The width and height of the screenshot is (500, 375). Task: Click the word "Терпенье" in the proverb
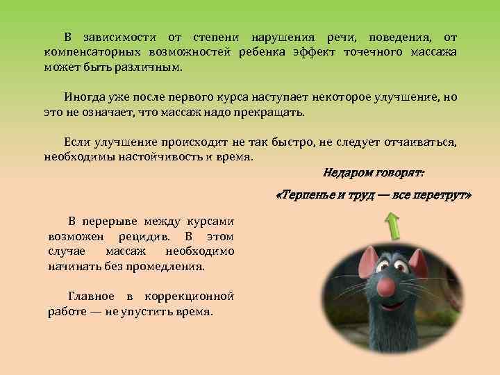[303, 197]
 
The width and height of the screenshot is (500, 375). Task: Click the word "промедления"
[166, 266]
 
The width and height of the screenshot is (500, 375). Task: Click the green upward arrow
[394, 227]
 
